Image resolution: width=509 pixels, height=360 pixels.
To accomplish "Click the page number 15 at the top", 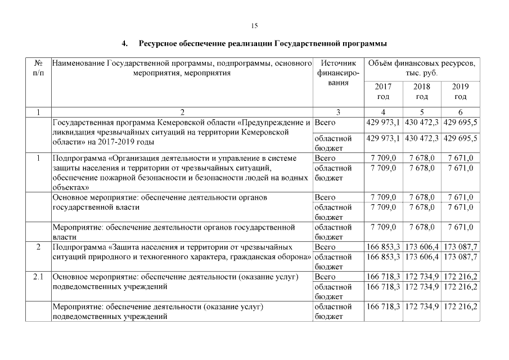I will tap(254, 26).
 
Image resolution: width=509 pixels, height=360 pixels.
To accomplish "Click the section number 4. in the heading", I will tap(125, 43).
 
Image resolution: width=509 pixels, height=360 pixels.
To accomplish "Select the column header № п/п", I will tap(38, 68).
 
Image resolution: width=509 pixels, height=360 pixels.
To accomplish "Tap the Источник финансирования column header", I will tap(337, 73).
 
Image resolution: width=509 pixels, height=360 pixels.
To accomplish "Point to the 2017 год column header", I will tap(383, 92).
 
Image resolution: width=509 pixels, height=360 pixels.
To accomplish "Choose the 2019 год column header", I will tap(460, 92).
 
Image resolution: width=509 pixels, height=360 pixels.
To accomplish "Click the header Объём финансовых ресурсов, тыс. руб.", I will tap(421, 68).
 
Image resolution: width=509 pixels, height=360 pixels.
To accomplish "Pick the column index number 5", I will tap(421, 112).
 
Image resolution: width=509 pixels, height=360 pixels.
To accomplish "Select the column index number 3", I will tap(337, 112).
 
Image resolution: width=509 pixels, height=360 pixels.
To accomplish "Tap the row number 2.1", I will tap(38, 277).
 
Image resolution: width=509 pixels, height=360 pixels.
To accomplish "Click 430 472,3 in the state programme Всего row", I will tap(421, 122).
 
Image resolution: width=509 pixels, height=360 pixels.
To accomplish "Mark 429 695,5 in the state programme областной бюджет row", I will tap(460, 138).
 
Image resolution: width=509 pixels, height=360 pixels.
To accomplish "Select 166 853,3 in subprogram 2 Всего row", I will tap(383, 247).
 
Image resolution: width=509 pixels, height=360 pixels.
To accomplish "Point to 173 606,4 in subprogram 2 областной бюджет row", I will tap(421, 257).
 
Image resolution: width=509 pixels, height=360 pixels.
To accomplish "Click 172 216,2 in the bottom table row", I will tap(460, 307).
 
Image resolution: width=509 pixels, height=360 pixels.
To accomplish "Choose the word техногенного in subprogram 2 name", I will tap(149, 257).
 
